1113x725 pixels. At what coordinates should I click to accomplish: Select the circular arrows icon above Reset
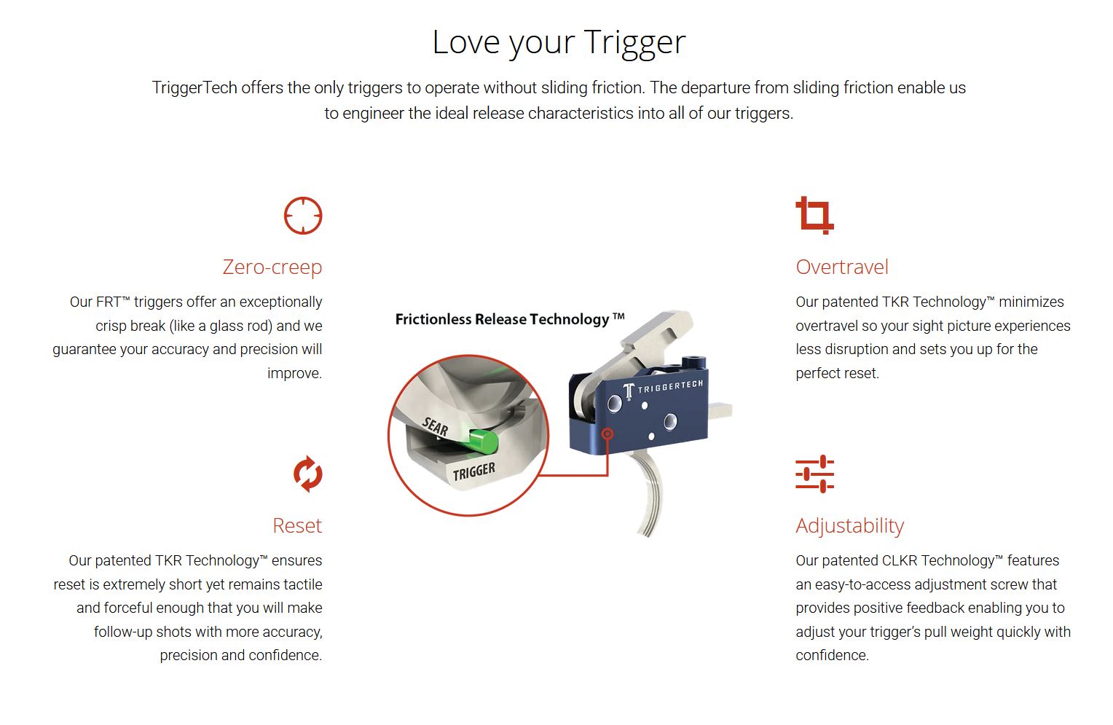coord(307,474)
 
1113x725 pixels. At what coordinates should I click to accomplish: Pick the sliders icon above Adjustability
coord(814,474)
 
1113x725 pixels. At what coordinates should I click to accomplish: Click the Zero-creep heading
coord(272,267)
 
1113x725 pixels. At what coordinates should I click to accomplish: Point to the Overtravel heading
coord(842,267)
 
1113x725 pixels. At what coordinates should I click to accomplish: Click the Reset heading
coord(297,525)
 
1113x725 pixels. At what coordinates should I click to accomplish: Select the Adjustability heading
coord(849,526)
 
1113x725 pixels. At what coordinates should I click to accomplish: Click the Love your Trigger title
coord(559,43)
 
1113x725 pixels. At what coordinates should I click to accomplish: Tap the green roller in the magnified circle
coord(482,442)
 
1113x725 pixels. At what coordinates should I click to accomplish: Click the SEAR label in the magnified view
coord(435,427)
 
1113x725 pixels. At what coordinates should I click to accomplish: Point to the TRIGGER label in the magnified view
coord(473,471)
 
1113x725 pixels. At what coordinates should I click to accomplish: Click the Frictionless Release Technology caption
coord(510,319)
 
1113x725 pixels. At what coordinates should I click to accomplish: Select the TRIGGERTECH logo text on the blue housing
coord(670,386)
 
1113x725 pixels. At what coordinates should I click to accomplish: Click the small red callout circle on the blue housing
coord(607,434)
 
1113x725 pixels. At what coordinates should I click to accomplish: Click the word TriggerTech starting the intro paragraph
coord(194,88)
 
